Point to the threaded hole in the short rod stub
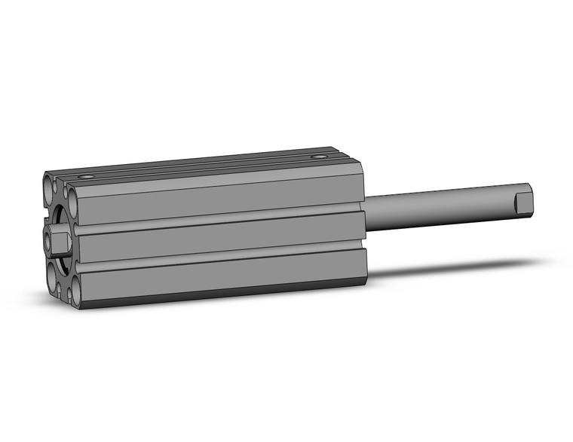[48, 240]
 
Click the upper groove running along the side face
[219, 219]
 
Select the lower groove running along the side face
[219, 257]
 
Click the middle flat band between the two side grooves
[219, 238]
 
